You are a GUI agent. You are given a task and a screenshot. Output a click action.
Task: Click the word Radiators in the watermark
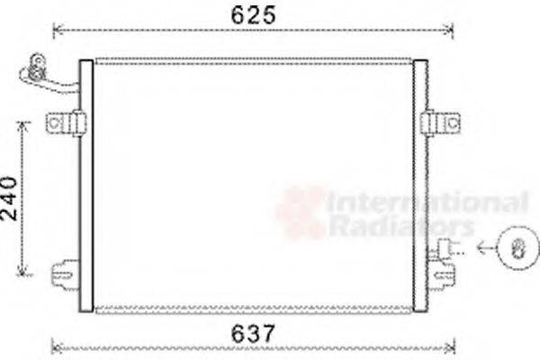[400, 225]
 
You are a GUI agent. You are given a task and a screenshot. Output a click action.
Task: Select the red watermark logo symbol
[301, 211]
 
